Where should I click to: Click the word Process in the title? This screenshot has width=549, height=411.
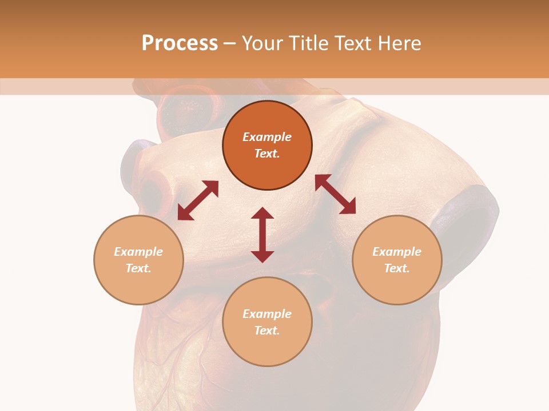[x=180, y=43]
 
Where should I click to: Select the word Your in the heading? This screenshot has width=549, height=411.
[x=262, y=43]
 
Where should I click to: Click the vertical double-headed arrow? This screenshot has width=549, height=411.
[x=262, y=235]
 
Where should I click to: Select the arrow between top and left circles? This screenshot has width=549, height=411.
[x=198, y=200]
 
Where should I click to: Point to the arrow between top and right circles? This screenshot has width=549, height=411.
[x=335, y=194]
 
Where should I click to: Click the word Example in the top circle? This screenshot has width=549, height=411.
[x=267, y=137]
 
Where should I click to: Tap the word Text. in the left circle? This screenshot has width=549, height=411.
[x=138, y=268]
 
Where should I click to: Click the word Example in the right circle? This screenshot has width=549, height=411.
[x=397, y=252]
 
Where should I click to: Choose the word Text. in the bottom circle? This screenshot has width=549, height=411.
[x=267, y=331]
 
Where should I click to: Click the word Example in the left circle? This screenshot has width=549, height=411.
[x=138, y=252]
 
